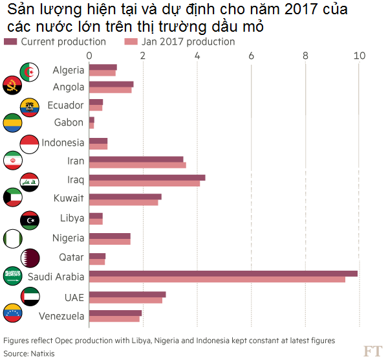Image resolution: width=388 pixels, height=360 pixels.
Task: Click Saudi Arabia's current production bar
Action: click(x=222, y=274)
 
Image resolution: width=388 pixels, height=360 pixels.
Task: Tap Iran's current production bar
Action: click(x=136, y=159)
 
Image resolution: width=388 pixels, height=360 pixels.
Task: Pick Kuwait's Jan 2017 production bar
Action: click(x=123, y=203)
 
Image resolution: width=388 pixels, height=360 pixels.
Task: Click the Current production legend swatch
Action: click(x=11, y=41)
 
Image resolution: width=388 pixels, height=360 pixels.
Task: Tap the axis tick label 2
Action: click(x=143, y=56)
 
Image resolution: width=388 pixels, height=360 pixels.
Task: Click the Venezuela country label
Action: click(x=61, y=317)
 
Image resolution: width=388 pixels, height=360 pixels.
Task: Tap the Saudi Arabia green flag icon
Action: click(x=13, y=276)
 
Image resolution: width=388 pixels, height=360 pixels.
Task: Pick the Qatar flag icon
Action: click(x=30, y=257)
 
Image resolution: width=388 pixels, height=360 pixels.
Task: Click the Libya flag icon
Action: click(x=30, y=219)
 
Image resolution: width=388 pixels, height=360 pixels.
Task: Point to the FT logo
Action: click(x=372, y=350)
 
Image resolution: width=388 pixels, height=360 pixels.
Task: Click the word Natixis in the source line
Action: click(x=41, y=354)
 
